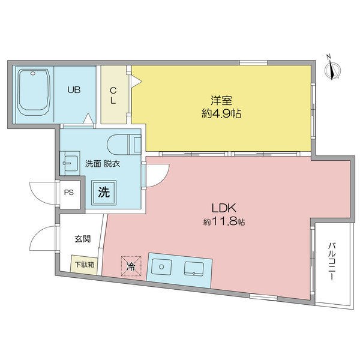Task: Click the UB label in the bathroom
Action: point(74,90)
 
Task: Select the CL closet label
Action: point(113,96)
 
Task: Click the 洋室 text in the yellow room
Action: point(221,100)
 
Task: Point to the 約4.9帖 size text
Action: point(221,113)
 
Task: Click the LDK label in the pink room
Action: point(224,208)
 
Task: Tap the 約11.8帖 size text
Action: point(224,222)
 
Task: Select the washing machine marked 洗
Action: point(104,192)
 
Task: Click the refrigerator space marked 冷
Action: point(131,266)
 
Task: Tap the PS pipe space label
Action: point(69,193)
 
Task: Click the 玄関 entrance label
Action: point(82,239)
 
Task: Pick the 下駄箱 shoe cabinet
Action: point(85,265)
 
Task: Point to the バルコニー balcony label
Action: point(332,261)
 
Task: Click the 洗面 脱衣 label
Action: point(103,164)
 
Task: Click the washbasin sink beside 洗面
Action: point(70,163)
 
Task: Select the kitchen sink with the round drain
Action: point(161,266)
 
